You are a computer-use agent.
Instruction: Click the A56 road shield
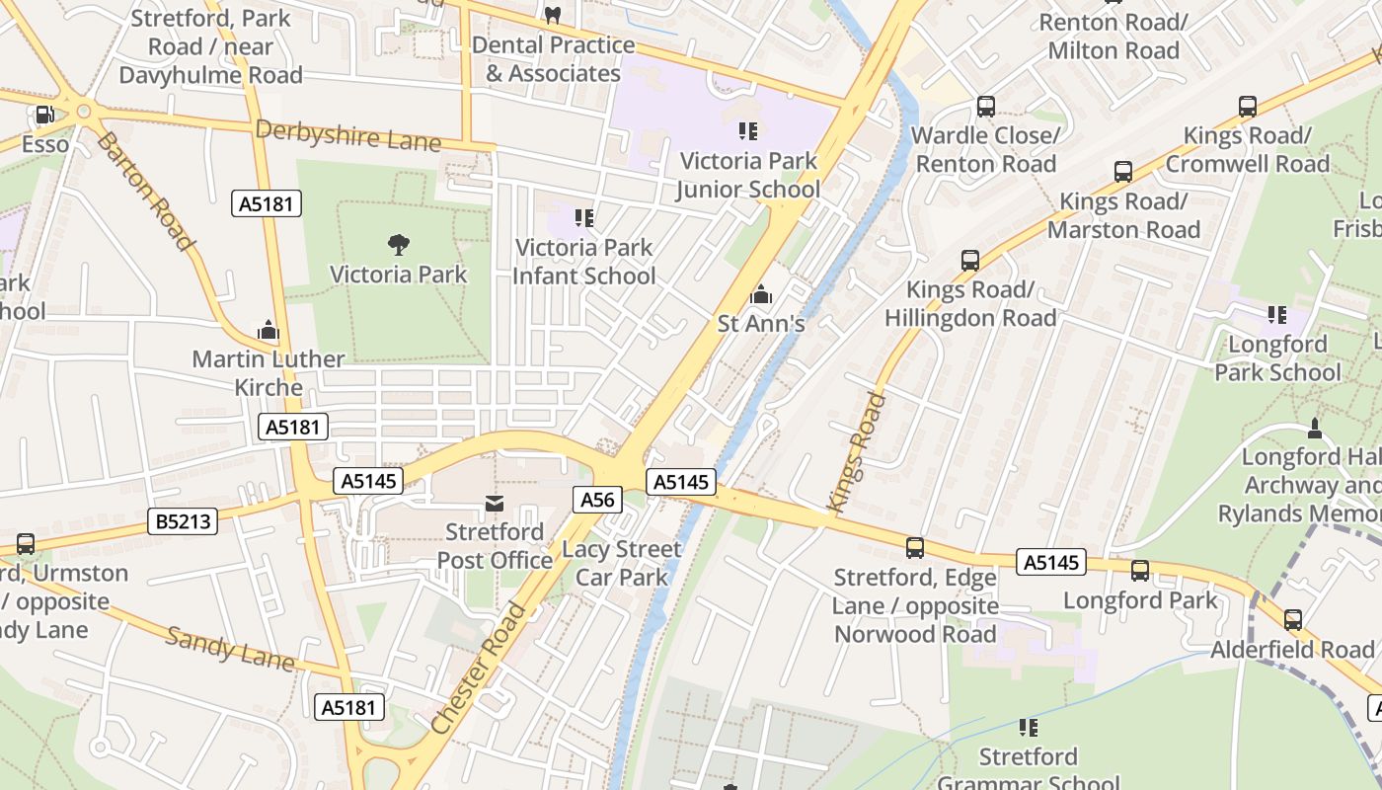click(x=597, y=500)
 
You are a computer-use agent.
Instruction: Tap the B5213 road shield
click(x=184, y=520)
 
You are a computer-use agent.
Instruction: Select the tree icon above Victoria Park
click(x=399, y=244)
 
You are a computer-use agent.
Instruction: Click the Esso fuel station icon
click(x=44, y=116)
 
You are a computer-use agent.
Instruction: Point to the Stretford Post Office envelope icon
click(x=494, y=505)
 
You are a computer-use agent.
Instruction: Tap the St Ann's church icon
click(x=760, y=294)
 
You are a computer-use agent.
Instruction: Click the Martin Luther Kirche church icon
click(x=269, y=330)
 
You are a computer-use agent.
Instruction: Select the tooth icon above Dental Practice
click(x=553, y=15)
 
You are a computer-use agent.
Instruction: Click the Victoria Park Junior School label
click(x=748, y=175)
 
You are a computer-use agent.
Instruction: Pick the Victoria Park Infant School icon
click(x=584, y=217)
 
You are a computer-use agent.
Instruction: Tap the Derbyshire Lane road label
click(x=347, y=135)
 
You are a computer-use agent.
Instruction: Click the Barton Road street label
click(x=144, y=191)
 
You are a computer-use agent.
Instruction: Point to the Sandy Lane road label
click(x=229, y=649)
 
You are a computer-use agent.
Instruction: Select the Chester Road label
click(x=480, y=668)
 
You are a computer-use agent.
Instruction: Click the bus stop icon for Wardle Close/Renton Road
click(x=985, y=107)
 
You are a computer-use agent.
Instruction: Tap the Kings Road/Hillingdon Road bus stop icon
click(x=970, y=261)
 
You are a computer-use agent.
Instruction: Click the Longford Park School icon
click(x=1277, y=315)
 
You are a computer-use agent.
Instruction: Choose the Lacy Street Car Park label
click(x=622, y=563)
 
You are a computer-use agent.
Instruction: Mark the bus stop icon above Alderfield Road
click(x=1293, y=620)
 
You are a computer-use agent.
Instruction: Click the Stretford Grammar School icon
click(x=1029, y=728)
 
